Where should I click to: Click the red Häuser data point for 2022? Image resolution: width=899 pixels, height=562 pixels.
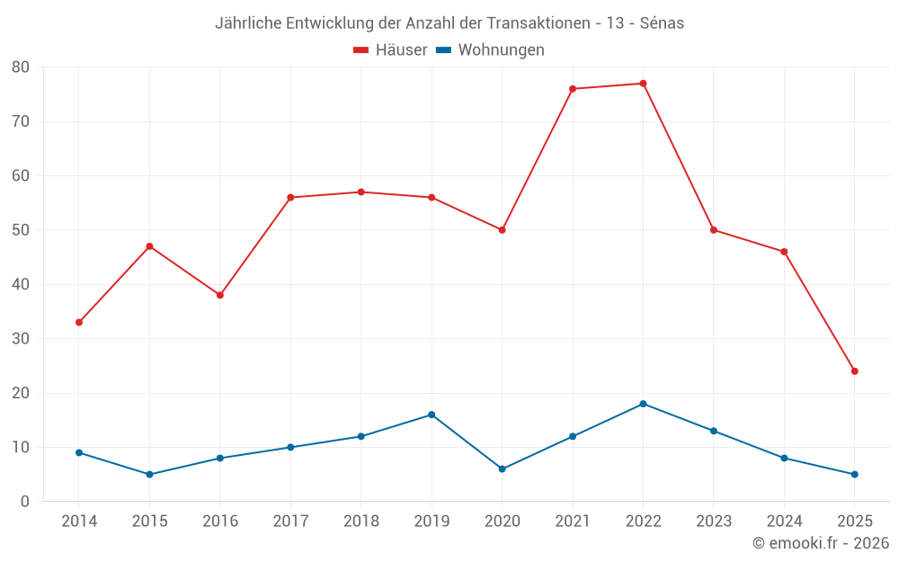coord(643,84)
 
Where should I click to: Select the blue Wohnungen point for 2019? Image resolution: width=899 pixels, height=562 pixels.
coord(432,415)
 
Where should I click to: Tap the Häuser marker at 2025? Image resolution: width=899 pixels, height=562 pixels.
coord(854,371)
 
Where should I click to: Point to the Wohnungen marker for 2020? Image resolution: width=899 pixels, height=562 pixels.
coord(502,469)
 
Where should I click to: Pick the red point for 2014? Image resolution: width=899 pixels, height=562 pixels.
coord(79,322)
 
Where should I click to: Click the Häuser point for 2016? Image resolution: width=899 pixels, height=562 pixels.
coord(219,295)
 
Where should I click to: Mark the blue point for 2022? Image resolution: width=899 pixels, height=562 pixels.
coord(643,404)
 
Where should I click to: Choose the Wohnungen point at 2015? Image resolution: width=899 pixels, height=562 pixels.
coord(149,475)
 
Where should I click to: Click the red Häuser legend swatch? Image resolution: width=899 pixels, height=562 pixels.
coord(361,50)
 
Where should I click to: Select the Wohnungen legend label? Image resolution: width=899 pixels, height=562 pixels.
coord(501,50)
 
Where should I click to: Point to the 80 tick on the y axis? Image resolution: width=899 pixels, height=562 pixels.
coord(21,67)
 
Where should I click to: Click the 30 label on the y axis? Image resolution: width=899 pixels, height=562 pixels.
coord(21,339)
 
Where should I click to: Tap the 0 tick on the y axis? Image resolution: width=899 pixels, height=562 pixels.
coord(25,502)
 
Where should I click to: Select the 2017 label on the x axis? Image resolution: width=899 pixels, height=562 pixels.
coord(290,522)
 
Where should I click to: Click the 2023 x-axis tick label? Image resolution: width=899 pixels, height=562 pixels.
coord(713,522)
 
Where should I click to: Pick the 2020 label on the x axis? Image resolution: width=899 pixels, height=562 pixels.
coord(502,522)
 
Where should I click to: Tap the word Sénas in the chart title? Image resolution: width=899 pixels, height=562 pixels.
coord(662,23)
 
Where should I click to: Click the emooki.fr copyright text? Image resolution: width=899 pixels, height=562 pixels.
coord(820,543)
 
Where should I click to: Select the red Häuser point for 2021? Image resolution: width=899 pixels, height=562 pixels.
coord(573,89)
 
